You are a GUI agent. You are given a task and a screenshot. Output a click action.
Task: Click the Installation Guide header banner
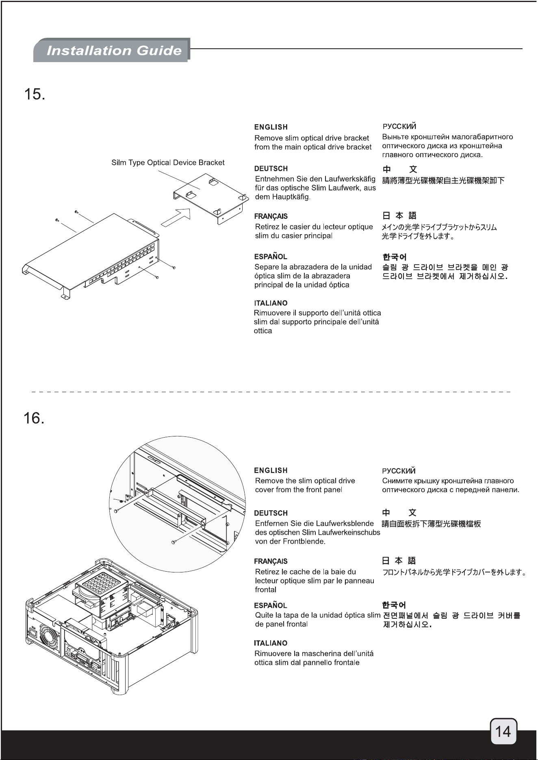point(112,50)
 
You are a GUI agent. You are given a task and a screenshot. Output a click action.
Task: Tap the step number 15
point(35,95)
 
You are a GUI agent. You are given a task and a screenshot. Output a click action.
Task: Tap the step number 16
point(35,418)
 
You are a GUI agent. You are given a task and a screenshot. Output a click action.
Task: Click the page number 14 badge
point(503,732)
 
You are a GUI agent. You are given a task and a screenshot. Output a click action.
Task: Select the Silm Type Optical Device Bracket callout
point(168,163)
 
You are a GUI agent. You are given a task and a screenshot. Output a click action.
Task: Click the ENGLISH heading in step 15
point(271,127)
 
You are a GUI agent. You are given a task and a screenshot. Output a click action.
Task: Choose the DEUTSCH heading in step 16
point(271,513)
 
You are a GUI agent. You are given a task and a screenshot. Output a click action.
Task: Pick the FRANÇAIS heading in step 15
point(271,216)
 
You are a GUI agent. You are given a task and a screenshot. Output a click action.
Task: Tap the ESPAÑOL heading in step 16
point(270,605)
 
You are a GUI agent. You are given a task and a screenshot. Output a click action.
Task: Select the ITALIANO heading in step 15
point(271,303)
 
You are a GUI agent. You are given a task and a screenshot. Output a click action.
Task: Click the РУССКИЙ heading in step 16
point(399,471)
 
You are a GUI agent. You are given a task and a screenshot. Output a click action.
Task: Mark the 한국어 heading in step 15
point(394,257)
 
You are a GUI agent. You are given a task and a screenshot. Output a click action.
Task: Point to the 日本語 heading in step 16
point(399,561)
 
